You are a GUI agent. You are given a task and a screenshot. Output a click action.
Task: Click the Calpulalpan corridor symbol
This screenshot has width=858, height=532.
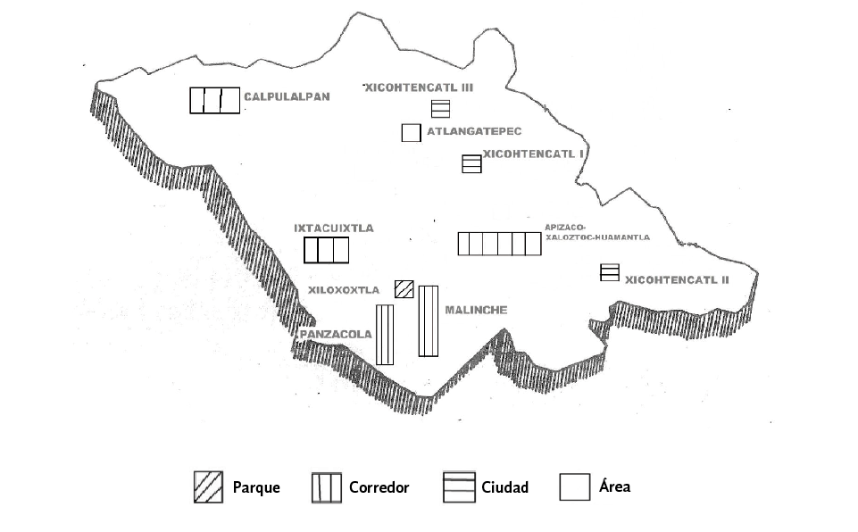pyautogui.click(x=214, y=100)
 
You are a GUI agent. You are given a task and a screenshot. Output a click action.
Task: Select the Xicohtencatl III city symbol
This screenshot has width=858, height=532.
pyautogui.click(x=440, y=109)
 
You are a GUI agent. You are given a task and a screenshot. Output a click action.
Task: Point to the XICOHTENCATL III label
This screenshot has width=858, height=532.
pyautogui.click(x=418, y=87)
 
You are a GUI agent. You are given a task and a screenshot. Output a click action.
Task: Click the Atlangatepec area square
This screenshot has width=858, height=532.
pyautogui.click(x=411, y=132)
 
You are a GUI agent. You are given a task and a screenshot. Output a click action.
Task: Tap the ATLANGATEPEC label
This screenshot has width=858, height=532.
pyautogui.click(x=473, y=131)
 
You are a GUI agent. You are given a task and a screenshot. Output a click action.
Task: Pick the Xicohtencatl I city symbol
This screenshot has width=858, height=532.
pyautogui.click(x=471, y=164)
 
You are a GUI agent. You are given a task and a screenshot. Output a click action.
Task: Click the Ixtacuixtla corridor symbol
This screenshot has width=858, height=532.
pyautogui.click(x=325, y=251)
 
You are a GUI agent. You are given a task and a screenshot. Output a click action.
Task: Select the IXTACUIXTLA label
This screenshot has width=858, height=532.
pyautogui.click(x=333, y=229)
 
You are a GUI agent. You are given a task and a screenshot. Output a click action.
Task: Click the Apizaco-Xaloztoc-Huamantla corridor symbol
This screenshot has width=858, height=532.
pyautogui.click(x=499, y=244)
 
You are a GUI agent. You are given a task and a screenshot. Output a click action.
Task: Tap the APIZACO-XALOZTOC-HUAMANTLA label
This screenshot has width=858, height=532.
pyautogui.click(x=596, y=233)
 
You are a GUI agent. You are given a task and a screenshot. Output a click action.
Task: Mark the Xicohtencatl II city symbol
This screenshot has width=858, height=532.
pyautogui.click(x=610, y=272)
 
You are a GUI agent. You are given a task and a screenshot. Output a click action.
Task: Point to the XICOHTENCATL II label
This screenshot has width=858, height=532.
pyautogui.click(x=678, y=279)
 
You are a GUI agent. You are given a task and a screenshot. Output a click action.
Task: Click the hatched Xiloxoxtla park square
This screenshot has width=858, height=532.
pyautogui.click(x=404, y=288)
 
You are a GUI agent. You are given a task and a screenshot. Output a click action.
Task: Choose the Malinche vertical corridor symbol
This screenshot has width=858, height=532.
pyautogui.click(x=429, y=320)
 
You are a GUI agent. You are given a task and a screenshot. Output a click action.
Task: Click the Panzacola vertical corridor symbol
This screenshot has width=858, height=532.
pyautogui.click(x=385, y=335)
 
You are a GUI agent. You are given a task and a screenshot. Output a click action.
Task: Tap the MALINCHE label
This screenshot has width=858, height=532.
pyautogui.click(x=476, y=310)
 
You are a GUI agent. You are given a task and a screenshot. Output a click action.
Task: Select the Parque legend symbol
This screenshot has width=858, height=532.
pyautogui.click(x=208, y=486)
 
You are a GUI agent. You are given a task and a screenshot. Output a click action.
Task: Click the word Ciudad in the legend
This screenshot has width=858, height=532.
pyautogui.click(x=504, y=487)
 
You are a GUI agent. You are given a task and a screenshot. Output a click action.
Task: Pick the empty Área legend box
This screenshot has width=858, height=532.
pyautogui.click(x=574, y=486)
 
